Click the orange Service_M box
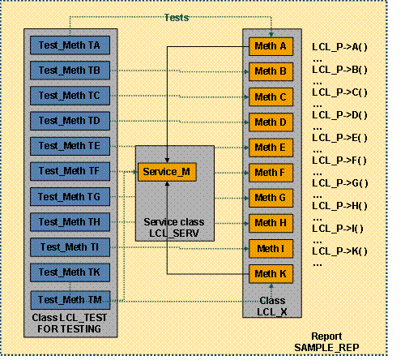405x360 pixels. (168, 172)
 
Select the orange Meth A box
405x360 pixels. (271, 46)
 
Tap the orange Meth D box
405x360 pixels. (271, 122)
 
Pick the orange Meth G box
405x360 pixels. (271, 197)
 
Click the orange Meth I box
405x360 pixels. (271, 247)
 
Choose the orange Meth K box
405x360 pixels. (271, 273)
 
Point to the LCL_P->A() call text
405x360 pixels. (339, 46)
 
